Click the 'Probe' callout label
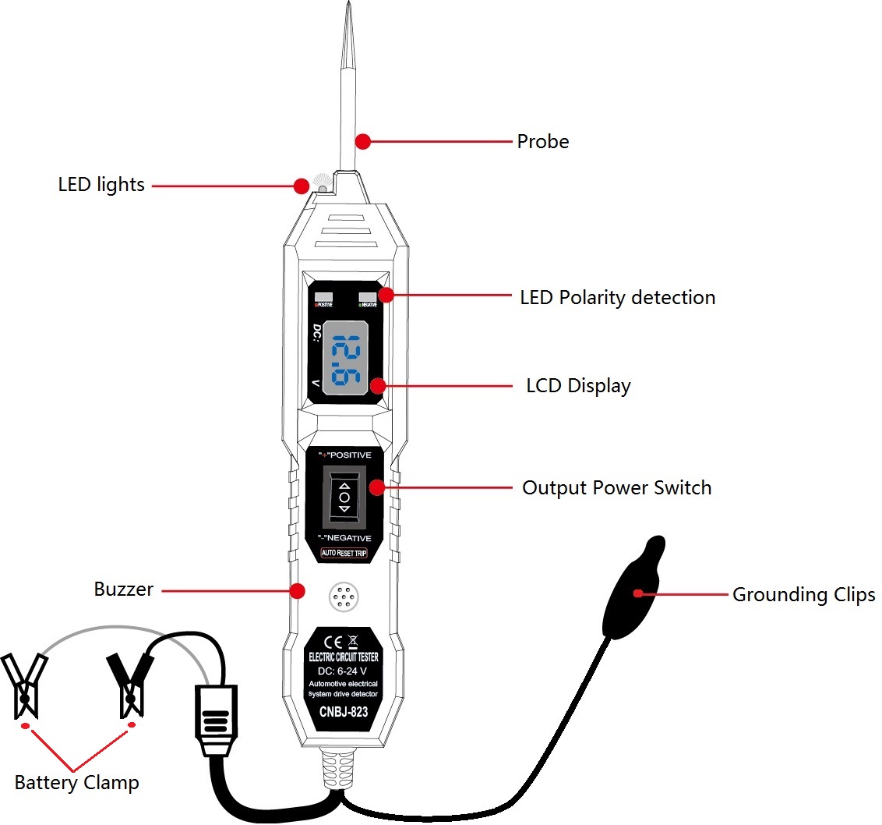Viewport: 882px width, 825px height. coord(543,142)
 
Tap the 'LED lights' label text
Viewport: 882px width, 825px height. coord(101,186)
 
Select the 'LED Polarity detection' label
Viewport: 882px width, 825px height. coord(617,297)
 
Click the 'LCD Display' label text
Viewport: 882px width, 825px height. coord(578,386)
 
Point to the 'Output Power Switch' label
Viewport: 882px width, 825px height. coord(616,488)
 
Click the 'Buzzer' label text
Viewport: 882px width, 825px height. coord(124,590)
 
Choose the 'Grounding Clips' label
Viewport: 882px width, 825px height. coord(803,595)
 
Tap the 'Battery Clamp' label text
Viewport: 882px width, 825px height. coord(77,783)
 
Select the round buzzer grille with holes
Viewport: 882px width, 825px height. coord(344,598)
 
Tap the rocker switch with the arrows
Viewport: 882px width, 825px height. coord(344,496)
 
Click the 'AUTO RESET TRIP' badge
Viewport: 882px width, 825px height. coord(344,554)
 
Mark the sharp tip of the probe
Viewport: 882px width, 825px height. coord(344,9)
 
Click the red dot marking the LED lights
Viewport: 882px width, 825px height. coord(301,186)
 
